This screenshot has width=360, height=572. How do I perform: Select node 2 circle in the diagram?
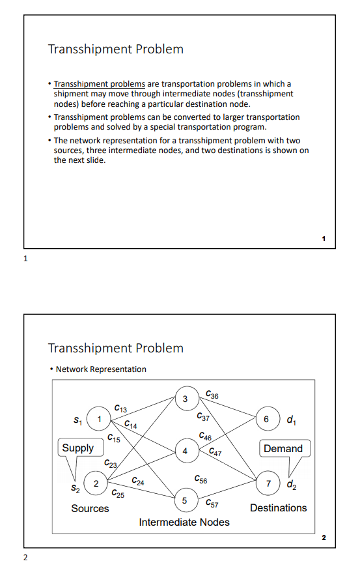point(96,484)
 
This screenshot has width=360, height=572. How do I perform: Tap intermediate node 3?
point(186,398)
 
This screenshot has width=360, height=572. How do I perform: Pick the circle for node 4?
point(186,450)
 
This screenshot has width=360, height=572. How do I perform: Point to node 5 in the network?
point(186,501)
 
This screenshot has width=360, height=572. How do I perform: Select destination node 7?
point(268,484)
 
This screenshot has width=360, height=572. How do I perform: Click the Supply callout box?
point(78,448)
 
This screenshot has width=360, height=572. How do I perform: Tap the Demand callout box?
point(283,448)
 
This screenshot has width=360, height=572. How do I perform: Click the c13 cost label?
point(120,408)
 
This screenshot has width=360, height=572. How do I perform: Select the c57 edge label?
point(212,504)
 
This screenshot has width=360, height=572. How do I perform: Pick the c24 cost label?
point(138,481)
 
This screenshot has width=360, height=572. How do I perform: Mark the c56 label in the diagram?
point(201,480)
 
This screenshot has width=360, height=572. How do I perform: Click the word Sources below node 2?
point(90,508)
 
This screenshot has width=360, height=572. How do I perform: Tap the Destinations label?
point(278,508)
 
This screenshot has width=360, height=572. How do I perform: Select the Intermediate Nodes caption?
point(184,522)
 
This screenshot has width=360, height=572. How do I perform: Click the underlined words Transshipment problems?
point(100,84)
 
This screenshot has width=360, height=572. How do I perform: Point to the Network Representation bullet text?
point(101,369)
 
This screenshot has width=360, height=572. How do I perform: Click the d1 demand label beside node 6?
point(288,419)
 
